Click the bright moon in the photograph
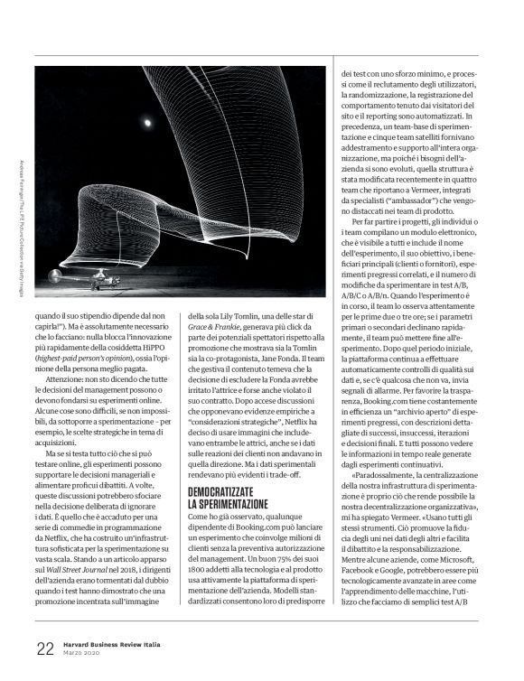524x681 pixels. [x=147, y=120]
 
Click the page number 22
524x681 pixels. [x=45, y=647]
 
